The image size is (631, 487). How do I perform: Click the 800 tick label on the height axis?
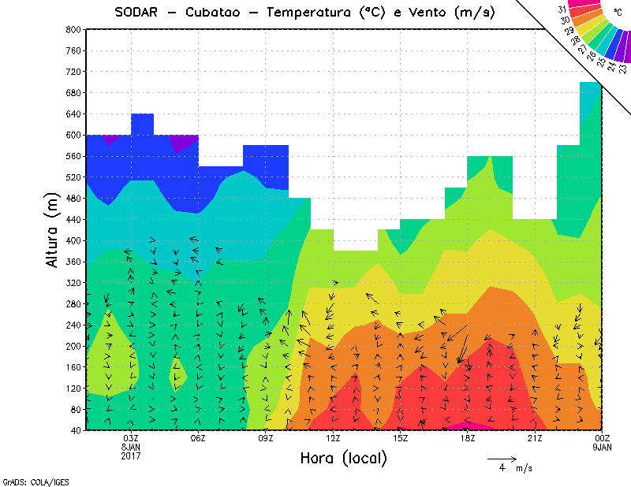click(x=73, y=29)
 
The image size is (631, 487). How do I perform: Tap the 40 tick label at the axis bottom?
click(x=76, y=430)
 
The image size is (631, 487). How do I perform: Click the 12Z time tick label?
click(x=333, y=438)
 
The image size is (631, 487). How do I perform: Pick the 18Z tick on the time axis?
click(x=468, y=438)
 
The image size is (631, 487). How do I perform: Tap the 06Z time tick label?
click(x=198, y=438)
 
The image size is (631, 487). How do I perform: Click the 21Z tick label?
click(x=535, y=438)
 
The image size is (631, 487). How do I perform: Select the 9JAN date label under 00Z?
click(x=602, y=447)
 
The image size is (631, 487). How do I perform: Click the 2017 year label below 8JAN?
click(x=131, y=455)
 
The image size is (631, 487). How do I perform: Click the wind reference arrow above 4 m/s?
click(x=502, y=458)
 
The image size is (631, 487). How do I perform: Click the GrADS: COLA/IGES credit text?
click(x=28, y=480)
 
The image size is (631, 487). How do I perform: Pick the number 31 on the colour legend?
click(x=562, y=9)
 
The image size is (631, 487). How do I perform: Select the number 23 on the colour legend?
click(x=623, y=68)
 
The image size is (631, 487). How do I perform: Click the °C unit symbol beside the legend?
click(x=618, y=12)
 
